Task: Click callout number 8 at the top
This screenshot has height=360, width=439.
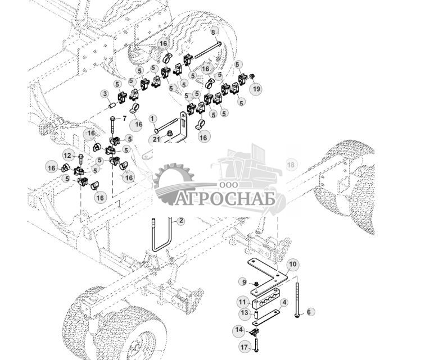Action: (213, 33)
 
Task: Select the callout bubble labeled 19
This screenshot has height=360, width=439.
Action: (256, 89)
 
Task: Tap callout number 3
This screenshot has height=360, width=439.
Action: (105, 94)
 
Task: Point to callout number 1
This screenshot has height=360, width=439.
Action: (152, 119)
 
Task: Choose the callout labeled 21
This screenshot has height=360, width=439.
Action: (155, 139)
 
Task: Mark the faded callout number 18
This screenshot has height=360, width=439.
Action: (291, 165)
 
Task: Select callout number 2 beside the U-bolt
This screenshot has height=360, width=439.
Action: (180, 221)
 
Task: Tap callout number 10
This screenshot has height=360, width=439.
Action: (292, 264)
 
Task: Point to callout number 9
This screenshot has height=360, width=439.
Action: (243, 281)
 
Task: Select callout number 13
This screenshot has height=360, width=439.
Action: (244, 312)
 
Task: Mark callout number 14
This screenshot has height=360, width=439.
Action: (239, 330)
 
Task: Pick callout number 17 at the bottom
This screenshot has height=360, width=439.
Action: (243, 348)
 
